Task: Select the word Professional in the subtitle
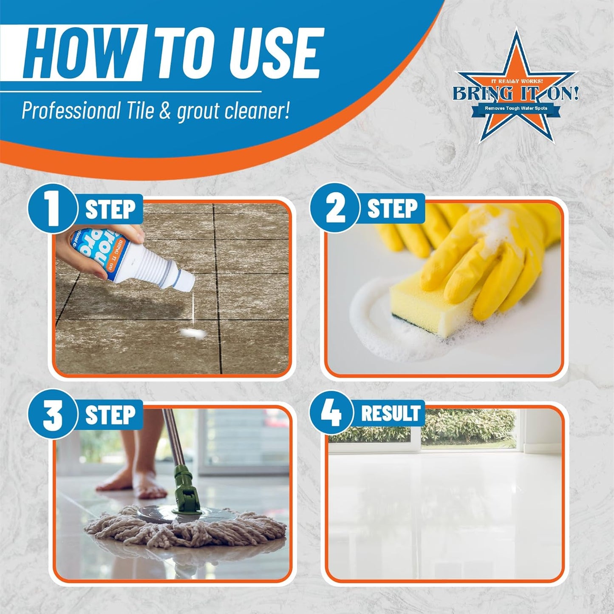pyautogui.click(x=71, y=111)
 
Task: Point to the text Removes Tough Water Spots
pyautogui.click(x=516, y=108)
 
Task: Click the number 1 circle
pyautogui.click(x=53, y=209)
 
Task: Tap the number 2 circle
pyautogui.click(x=335, y=209)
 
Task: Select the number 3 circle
pyautogui.click(x=53, y=414)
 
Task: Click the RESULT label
pyautogui.click(x=390, y=414)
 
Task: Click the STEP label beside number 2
pyautogui.click(x=392, y=209)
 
